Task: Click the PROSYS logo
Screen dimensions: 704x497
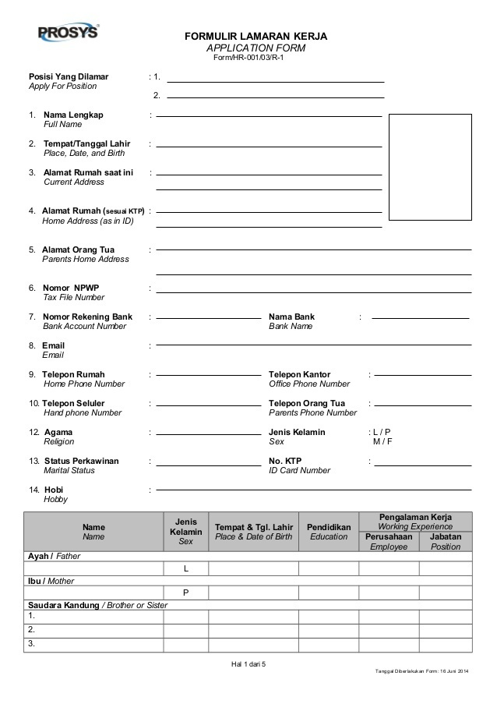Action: tap(68, 34)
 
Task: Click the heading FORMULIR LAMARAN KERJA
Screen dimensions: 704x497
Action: tap(256, 37)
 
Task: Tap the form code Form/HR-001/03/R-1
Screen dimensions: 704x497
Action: tap(248, 58)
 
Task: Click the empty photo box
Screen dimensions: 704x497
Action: tap(430, 167)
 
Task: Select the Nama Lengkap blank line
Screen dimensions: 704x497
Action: tap(269, 116)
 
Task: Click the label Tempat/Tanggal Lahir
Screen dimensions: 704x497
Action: tap(86, 144)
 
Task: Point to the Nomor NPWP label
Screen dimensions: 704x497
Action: tap(71, 288)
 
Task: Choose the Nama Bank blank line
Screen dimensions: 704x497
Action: tap(421, 318)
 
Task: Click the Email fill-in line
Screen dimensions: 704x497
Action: tap(314, 345)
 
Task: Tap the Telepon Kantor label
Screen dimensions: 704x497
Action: tap(300, 374)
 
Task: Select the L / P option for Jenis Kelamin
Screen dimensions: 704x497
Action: tap(381, 432)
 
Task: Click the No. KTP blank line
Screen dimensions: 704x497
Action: tap(421, 465)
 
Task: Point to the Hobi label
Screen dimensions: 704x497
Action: tap(54, 490)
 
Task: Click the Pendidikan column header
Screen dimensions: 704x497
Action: tap(328, 527)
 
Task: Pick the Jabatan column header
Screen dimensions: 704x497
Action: tap(446, 536)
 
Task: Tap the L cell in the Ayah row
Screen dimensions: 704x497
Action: tap(185, 568)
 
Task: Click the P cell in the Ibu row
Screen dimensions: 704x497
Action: tap(185, 593)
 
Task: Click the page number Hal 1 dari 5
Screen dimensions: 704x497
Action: tap(248, 663)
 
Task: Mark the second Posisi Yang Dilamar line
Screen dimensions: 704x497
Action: tap(275, 97)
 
